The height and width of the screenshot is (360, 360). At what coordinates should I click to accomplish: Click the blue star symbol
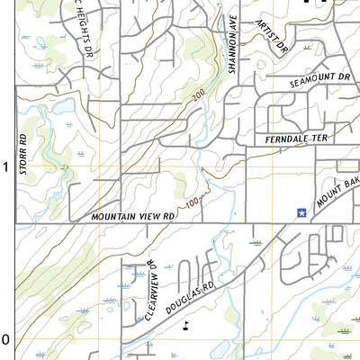tap(301, 212)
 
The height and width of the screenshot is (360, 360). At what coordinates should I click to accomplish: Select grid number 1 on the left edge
tap(5, 167)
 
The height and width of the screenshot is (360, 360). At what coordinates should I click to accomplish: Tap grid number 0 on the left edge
tap(5, 339)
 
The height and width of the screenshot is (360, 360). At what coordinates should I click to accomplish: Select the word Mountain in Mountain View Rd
tap(113, 217)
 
